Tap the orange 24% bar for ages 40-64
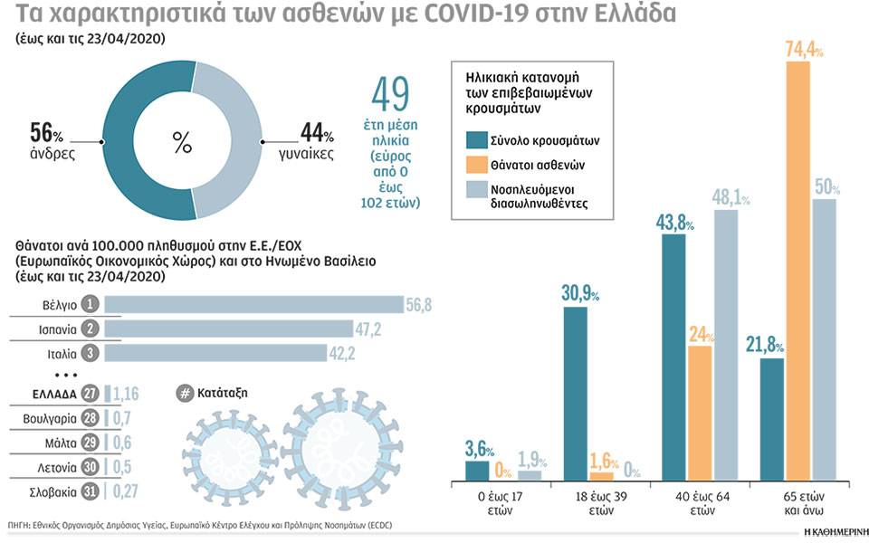coord(700,413)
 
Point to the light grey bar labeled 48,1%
coord(725,345)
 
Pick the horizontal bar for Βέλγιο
coord(253,305)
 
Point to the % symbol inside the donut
coord(182,142)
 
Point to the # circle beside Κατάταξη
coord(184,394)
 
